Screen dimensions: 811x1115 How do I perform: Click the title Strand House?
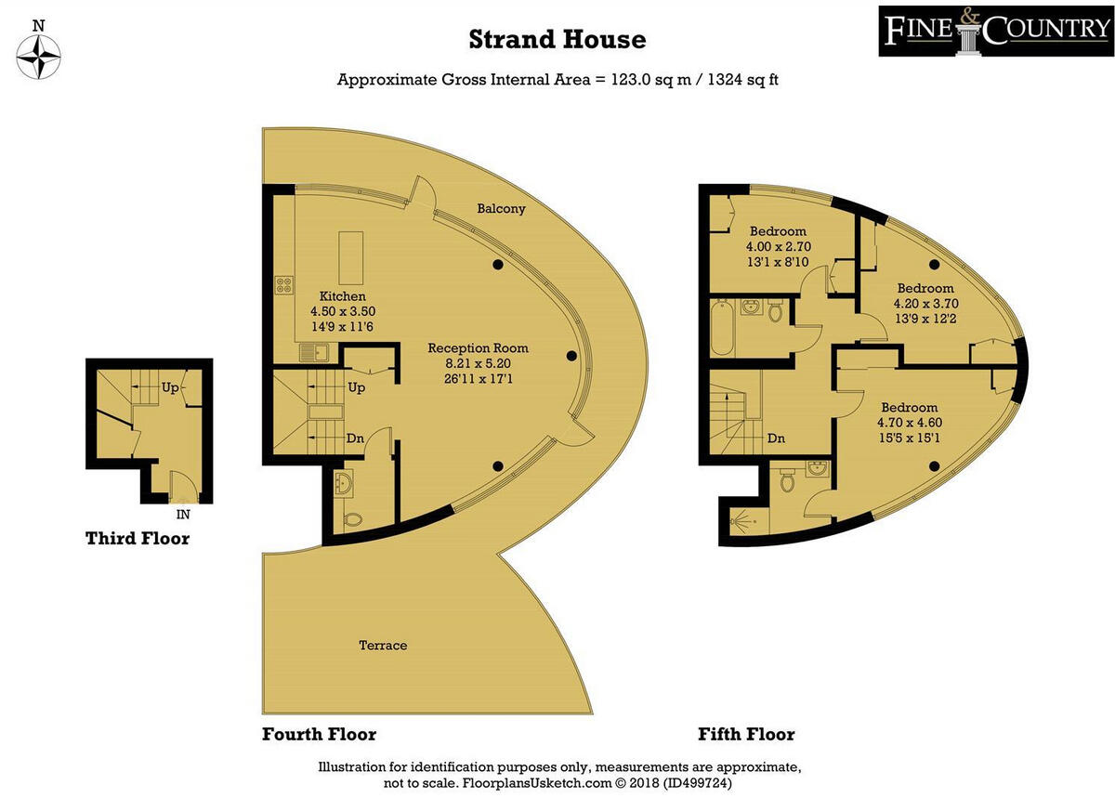557,39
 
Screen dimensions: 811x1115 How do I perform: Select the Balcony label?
501,209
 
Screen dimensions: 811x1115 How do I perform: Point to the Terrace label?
384,645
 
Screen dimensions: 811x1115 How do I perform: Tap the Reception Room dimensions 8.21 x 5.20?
478,364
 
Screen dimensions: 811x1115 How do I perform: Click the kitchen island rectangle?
350,258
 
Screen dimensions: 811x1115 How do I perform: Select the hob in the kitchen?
282,286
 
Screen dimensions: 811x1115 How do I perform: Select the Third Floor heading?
138,539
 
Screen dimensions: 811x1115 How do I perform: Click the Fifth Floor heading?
746,735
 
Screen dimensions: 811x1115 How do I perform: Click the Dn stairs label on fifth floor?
777,438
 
